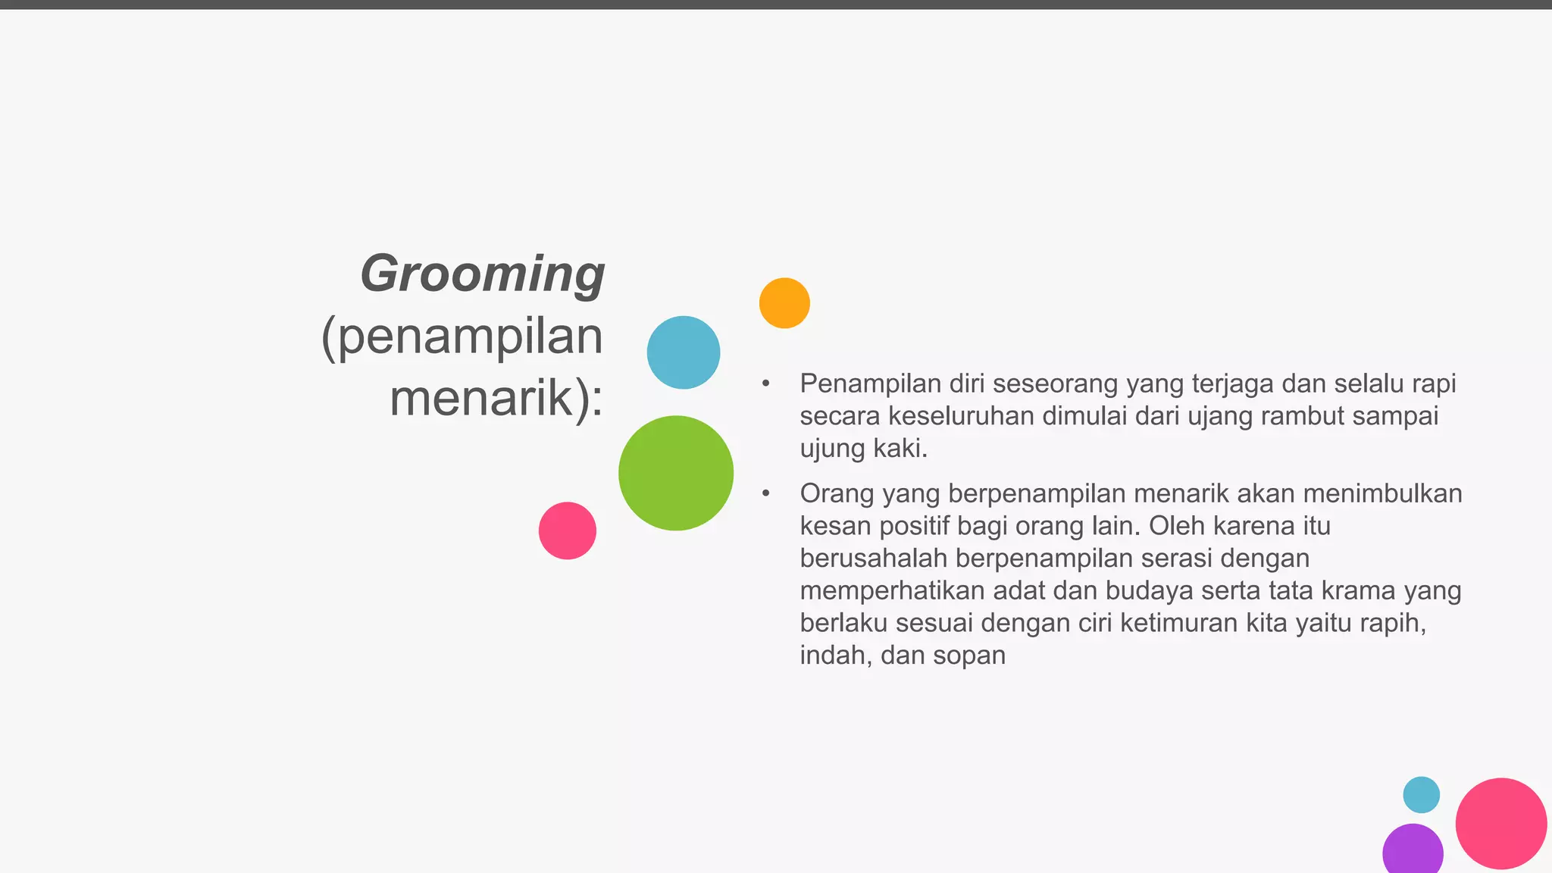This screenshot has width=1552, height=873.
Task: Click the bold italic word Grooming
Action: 483,274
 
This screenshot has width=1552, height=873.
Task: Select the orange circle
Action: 784,303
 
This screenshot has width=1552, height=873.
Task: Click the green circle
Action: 676,473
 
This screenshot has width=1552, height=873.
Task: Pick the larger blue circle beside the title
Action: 684,352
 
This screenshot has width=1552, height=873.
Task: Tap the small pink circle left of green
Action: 568,530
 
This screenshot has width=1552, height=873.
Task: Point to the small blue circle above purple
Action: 1421,795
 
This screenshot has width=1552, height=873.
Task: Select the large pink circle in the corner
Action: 1500,824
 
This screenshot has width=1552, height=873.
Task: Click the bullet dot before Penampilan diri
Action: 766,384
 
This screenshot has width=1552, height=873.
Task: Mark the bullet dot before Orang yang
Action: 766,494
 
